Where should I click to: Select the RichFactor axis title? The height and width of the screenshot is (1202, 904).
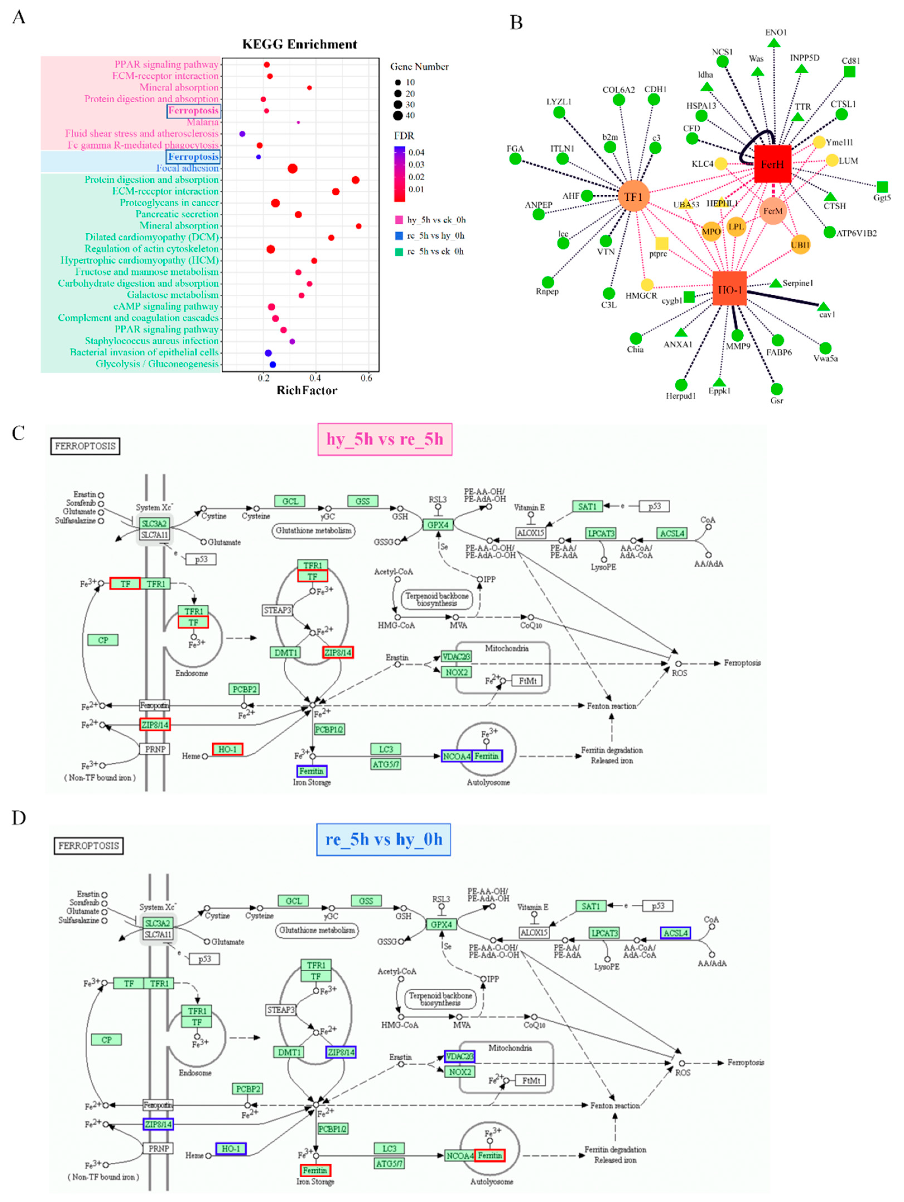coord(307,390)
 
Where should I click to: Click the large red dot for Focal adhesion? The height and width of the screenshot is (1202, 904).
coord(293,168)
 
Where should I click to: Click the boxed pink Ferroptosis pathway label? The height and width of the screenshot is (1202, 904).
coord(194,111)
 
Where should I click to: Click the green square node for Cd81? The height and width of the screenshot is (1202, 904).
coord(849,72)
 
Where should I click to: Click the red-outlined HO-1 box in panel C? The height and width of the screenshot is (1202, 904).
coord(227,749)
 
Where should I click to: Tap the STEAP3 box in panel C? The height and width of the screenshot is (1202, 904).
coord(278,610)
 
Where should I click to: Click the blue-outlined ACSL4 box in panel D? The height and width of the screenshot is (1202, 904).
coord(675,933)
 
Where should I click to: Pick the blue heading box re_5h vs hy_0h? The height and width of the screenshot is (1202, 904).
coord(384,839)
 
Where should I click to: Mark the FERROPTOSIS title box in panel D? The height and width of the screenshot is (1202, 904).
coord(89,846)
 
